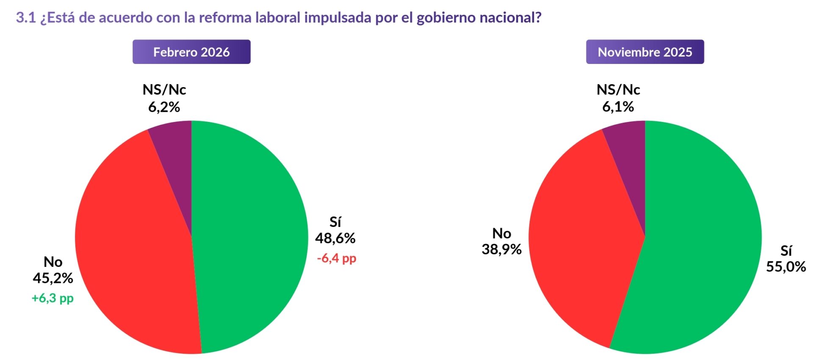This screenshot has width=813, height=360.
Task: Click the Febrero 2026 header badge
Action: click(191, 52)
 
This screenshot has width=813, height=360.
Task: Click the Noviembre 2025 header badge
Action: click(644, 52)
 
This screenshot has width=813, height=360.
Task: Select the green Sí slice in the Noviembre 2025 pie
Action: click(703, 246)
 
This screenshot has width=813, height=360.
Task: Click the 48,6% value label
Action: click(335, 238)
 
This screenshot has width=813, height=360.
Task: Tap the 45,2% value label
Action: click(53, 278)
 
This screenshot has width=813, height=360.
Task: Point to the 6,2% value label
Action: click(164, 107)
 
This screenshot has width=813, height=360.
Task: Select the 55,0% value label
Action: click(786, 267)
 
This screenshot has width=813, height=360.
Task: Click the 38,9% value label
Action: click(501, 249)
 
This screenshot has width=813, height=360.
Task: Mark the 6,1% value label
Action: click(618, 107)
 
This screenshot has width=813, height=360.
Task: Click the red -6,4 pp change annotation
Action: click(337, 258)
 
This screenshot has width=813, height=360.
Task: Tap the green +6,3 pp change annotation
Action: click(53, 298)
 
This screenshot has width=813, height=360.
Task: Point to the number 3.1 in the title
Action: click(26, 18)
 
